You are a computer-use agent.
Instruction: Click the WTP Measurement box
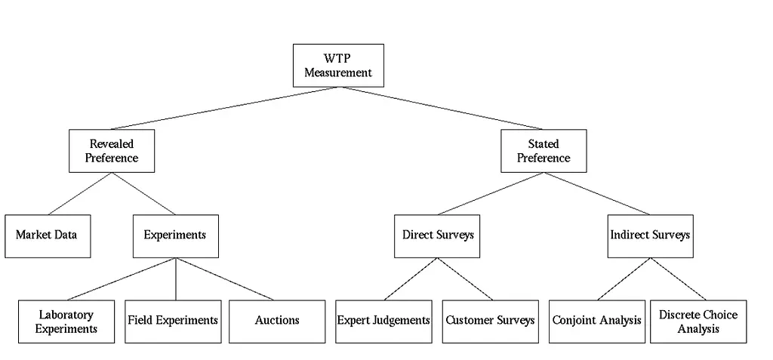338,66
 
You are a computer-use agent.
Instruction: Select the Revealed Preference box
112,151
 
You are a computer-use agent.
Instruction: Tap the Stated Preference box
544,151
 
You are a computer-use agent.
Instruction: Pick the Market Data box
48,235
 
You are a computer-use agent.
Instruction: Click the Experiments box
175,235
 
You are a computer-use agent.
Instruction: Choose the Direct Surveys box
437,235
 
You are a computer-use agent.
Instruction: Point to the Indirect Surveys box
650,235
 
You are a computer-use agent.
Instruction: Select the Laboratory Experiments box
66,322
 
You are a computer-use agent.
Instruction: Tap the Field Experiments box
173,322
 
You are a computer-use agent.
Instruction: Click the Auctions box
277,322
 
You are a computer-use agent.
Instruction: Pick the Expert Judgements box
383,322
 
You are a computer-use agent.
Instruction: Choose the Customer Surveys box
491,322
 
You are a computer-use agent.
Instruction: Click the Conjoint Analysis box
597,322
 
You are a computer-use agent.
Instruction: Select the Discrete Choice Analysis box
698,322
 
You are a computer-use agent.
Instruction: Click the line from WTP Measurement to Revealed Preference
225,109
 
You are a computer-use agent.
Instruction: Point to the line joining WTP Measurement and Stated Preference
441,109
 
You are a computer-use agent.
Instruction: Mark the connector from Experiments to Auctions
225,278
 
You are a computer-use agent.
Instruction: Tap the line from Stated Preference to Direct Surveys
491,194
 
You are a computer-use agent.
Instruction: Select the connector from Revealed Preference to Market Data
80,194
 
